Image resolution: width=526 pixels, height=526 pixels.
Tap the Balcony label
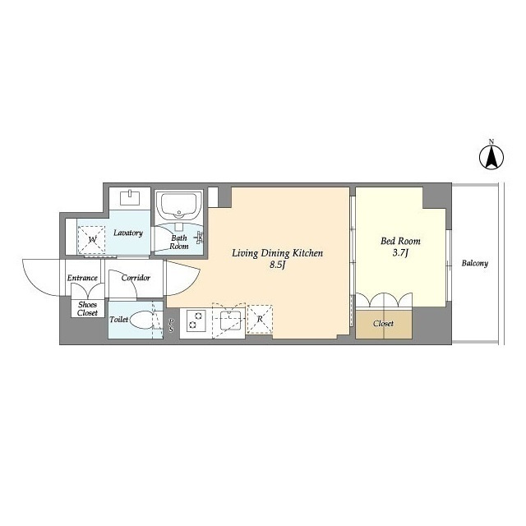click(475, 263)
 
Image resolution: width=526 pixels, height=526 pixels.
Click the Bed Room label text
click(400, 241)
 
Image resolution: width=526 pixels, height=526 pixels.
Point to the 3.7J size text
click(400, 252)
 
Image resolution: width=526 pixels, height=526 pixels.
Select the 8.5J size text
click(278, 265)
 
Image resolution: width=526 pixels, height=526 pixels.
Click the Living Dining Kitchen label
click(278, 253)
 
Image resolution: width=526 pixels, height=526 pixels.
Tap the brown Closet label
click(383, 324)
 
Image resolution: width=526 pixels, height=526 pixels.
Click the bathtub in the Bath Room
click(179, 205)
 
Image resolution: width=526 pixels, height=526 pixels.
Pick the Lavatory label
click(128, 233)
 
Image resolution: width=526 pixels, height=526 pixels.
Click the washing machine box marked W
click(91, 240)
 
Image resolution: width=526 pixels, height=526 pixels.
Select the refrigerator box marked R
click(260, 319)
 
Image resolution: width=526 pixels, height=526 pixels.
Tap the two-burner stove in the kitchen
click(196, 321)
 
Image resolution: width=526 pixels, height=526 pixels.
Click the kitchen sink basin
click(230, 321)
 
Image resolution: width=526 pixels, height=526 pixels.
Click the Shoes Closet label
click(87, 309)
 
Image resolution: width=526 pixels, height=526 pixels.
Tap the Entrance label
click(82, 278)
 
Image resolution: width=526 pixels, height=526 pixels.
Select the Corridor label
click(136, 278)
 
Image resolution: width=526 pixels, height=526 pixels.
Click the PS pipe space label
click(171, 325)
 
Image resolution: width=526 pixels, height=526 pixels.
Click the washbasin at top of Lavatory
click(130, 197)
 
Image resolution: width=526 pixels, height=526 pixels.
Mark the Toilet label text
click(118, 320)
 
